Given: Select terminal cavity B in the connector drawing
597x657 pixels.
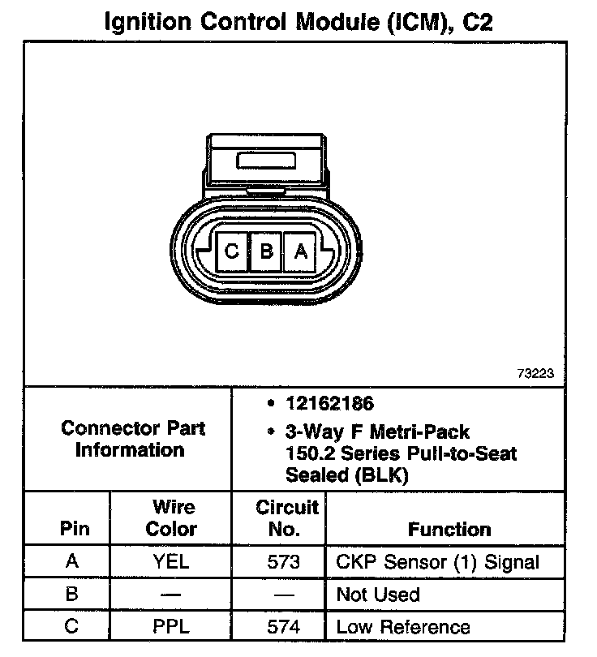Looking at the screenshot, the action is click(x=266, y=251).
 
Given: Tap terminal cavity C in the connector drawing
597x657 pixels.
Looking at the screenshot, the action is click(x=232, y=251).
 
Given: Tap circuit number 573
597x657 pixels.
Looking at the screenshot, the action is click(x=283, y=562).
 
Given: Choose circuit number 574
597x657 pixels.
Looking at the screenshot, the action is click(x=283, y=627).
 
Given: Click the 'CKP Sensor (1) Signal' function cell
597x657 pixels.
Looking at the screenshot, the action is click(x=437, y=562).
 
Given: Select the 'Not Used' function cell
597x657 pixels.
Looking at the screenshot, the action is click(x=378, y=595).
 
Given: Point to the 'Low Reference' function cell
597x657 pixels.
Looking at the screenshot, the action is click(x=403, y=627).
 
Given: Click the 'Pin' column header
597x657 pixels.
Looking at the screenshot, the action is click(x=75, y=530).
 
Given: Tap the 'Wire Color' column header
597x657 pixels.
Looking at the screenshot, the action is click(x=171, y=518).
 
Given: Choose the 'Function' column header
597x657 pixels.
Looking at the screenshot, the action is click(x=449, y=530).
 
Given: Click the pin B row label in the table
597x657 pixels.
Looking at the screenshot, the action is click(x=72, y=595).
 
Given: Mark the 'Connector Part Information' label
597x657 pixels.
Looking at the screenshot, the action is click(x=133, y=439).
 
